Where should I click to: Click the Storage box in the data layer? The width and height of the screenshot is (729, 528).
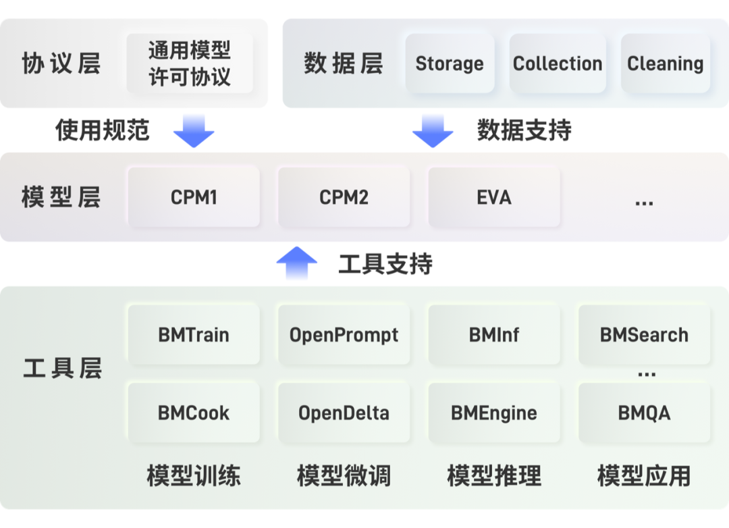450,63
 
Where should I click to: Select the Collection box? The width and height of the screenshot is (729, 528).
558,63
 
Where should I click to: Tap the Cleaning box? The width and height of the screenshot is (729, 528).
665,63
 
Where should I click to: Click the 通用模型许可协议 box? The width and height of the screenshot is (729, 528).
190,63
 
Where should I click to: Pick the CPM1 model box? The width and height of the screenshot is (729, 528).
194,197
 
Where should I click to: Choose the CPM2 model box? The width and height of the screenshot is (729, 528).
344,197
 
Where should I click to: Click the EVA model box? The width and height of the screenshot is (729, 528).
494,197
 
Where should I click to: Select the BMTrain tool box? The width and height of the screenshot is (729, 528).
194,335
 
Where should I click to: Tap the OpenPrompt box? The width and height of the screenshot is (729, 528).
344,335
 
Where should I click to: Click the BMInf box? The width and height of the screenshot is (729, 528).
494,335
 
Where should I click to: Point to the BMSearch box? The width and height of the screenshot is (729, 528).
644,335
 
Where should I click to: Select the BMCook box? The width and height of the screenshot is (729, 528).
194,413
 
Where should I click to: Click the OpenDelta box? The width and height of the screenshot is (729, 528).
344,413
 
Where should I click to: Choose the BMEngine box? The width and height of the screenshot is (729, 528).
494,413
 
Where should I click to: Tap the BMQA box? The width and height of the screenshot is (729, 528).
644,413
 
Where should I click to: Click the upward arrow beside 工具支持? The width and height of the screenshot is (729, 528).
296,263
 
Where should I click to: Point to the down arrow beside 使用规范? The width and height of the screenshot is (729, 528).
194,130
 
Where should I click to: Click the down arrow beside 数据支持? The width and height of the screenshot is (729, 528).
433,130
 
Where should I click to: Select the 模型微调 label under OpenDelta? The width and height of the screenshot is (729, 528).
344,476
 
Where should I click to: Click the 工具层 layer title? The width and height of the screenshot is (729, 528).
62,369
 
